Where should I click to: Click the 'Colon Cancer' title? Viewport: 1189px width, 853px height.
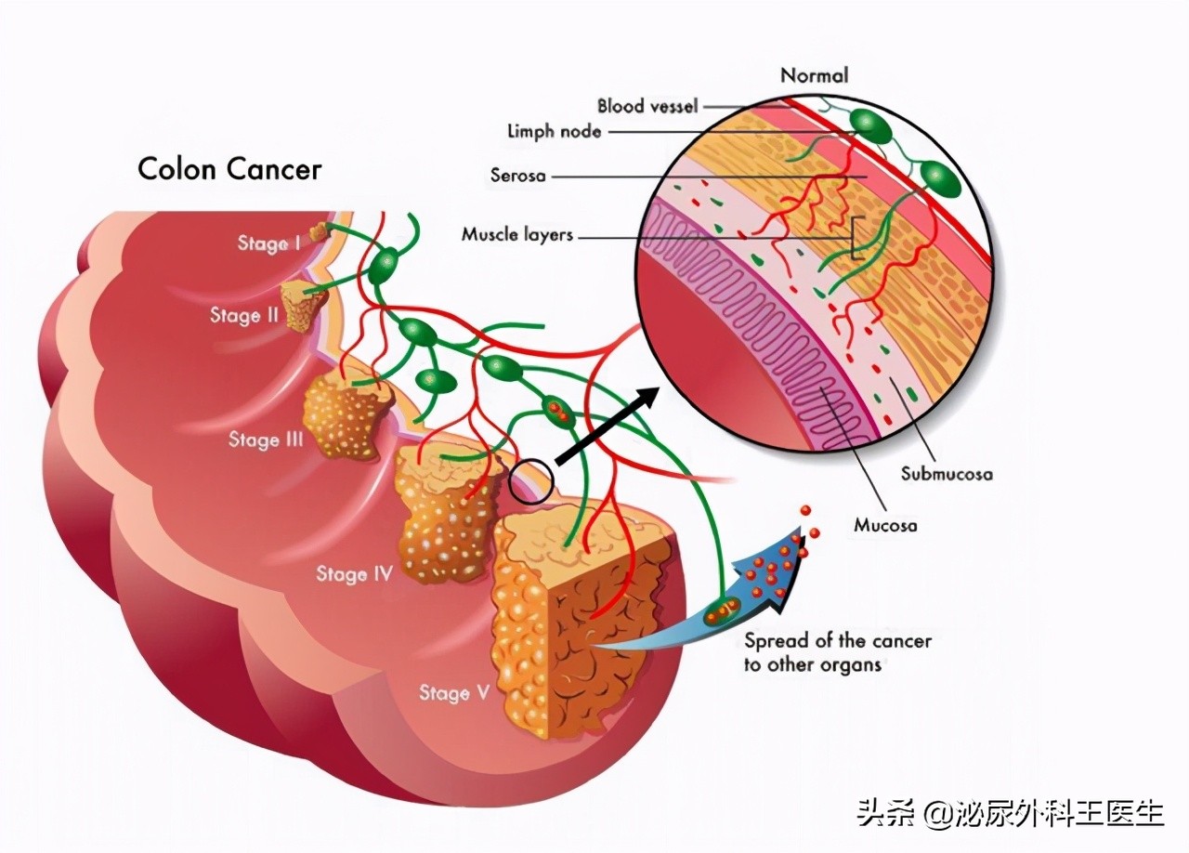click(229, 169)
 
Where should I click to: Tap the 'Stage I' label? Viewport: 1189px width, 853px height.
click(268, 243)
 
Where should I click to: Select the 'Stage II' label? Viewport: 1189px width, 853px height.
click(243, 315)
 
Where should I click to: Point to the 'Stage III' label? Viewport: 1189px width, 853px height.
click(266, 440)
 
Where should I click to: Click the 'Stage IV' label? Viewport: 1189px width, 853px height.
click(354, 573)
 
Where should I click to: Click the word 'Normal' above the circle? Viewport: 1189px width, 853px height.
click(814, 75)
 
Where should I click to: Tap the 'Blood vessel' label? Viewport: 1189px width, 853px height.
click(647, 106)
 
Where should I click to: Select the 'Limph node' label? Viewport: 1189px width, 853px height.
click(554, 132)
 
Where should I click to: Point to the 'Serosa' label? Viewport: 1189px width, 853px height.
click(517, 175)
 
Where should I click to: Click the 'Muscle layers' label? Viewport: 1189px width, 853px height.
click(517, 235)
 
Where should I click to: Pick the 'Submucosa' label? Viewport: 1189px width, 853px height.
click(947, 474)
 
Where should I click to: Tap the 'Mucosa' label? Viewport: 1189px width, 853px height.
click(885, 525)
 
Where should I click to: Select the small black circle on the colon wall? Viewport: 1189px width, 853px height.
click(531, 481)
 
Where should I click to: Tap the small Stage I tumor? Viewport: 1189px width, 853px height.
click(320, 232)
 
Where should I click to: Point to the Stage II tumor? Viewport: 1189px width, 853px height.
click(299, 305)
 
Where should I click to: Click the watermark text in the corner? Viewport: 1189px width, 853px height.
click(1010, 813)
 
